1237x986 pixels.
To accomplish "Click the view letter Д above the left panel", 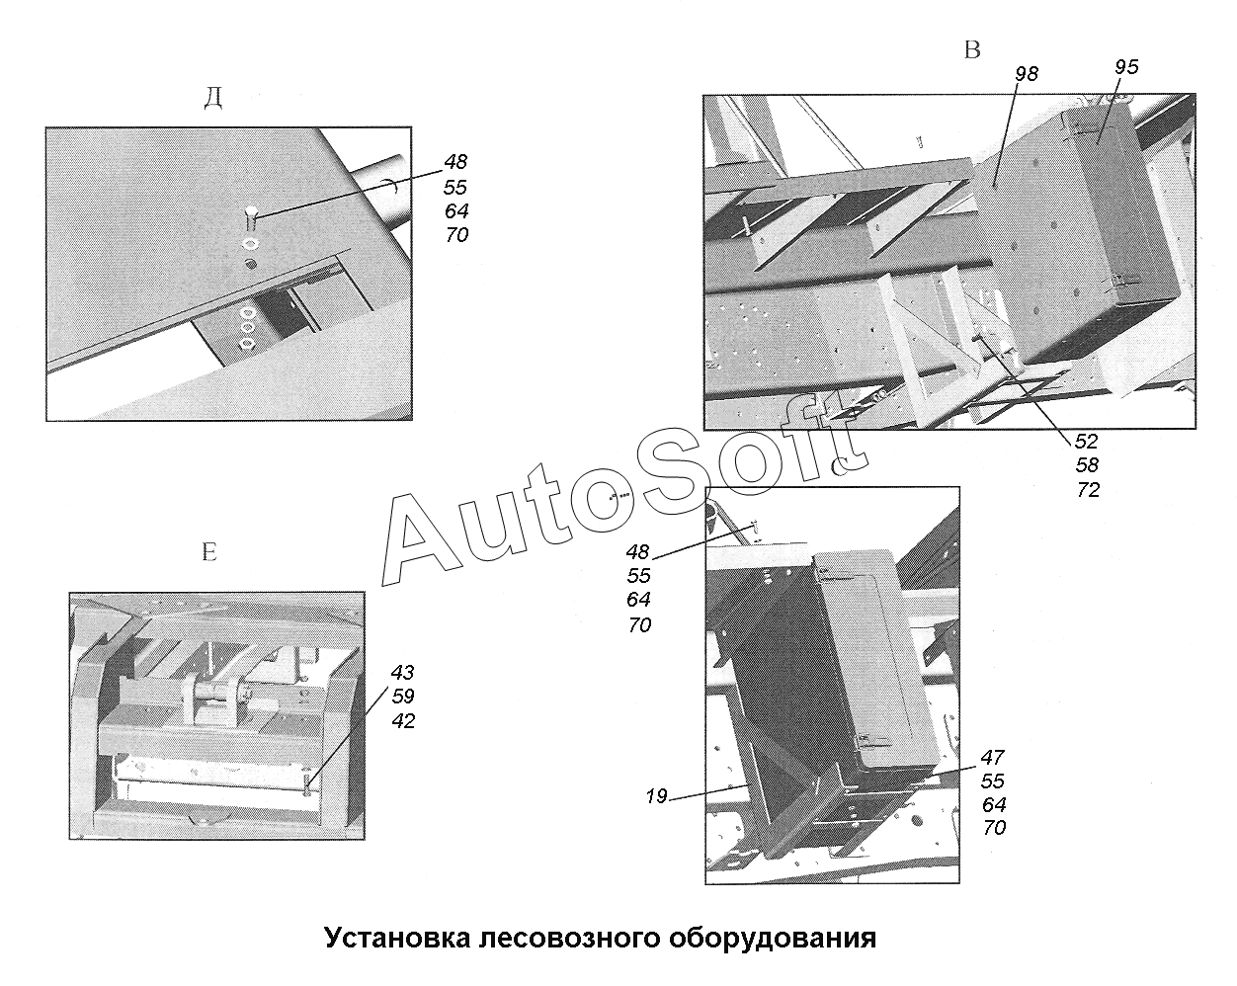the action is pyautogui.click(x=212, y=97).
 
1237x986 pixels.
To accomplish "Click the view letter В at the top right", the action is pyautogui.click(x=972, y=50).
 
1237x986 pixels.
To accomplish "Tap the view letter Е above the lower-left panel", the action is pyautogui.click(x=208, y=551).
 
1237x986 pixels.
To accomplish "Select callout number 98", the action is pyautogui.click(x=1026, y=74).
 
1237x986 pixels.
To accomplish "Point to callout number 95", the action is pyautogui.click(x=1126, y=67).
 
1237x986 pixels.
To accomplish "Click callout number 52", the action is pyautogui.click(x=1087, y=442).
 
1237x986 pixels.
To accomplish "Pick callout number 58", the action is pyautogui.click(x=1087, y=465).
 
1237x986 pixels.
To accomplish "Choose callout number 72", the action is pyautogui.click(x=1087, y=490).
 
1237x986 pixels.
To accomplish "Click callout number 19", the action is pyautogui.click(x=658, y=796).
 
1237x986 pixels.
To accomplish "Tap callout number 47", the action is pyautogui.click(x=993, y=758).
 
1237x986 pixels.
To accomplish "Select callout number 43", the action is pyautogui.click(x=402, y=673).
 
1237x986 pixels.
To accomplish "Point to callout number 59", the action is pyautogui.click(x=402, y=697).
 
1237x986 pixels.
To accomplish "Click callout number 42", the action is pyautogui.click(x=402, y=721).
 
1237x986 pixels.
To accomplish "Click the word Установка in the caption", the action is pyautogui.click(x=394, y=937).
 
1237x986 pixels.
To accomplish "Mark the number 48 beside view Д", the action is pyautogui.click(x=455, y=162).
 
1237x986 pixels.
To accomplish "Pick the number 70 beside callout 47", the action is pyautogui.click(x=994, y=829).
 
